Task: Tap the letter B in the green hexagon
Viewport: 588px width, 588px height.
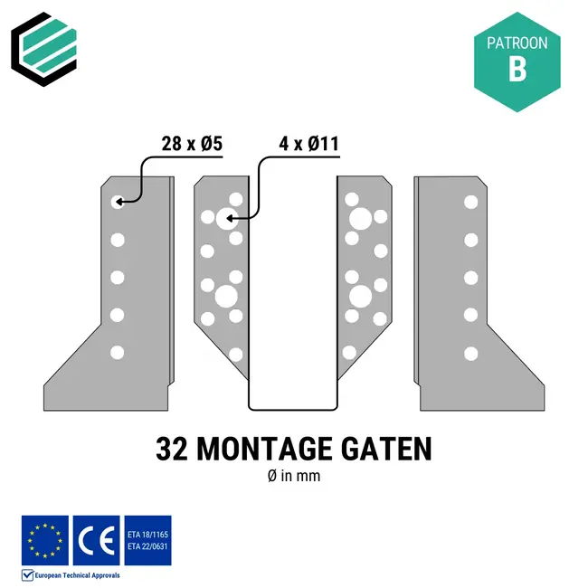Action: pyautogui.click(x=517, y=71)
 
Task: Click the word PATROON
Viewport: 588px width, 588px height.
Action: pyautogui.click(x=517, y=43)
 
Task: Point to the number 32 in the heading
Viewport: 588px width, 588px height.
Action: pyautogui.click(x=173, y=449)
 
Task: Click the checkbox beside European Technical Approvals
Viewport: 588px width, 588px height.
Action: pyautogui.click(x=27, y=574)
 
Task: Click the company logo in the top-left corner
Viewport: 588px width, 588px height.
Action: pyautogui.click(x=44, y=44)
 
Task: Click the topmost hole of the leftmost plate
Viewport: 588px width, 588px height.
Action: pyautogui.click(x=117, y=202)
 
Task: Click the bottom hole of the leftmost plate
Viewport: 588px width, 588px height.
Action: pyautogui.click(x=117, y=352)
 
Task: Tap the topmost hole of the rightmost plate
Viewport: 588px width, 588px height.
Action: pyautogui.click(x=470, y=202)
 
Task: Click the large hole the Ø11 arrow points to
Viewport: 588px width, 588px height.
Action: pyautogui.click(x=226, y=217)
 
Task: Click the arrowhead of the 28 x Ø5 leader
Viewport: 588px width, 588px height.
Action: pyautogui.click(x=121, y=201)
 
